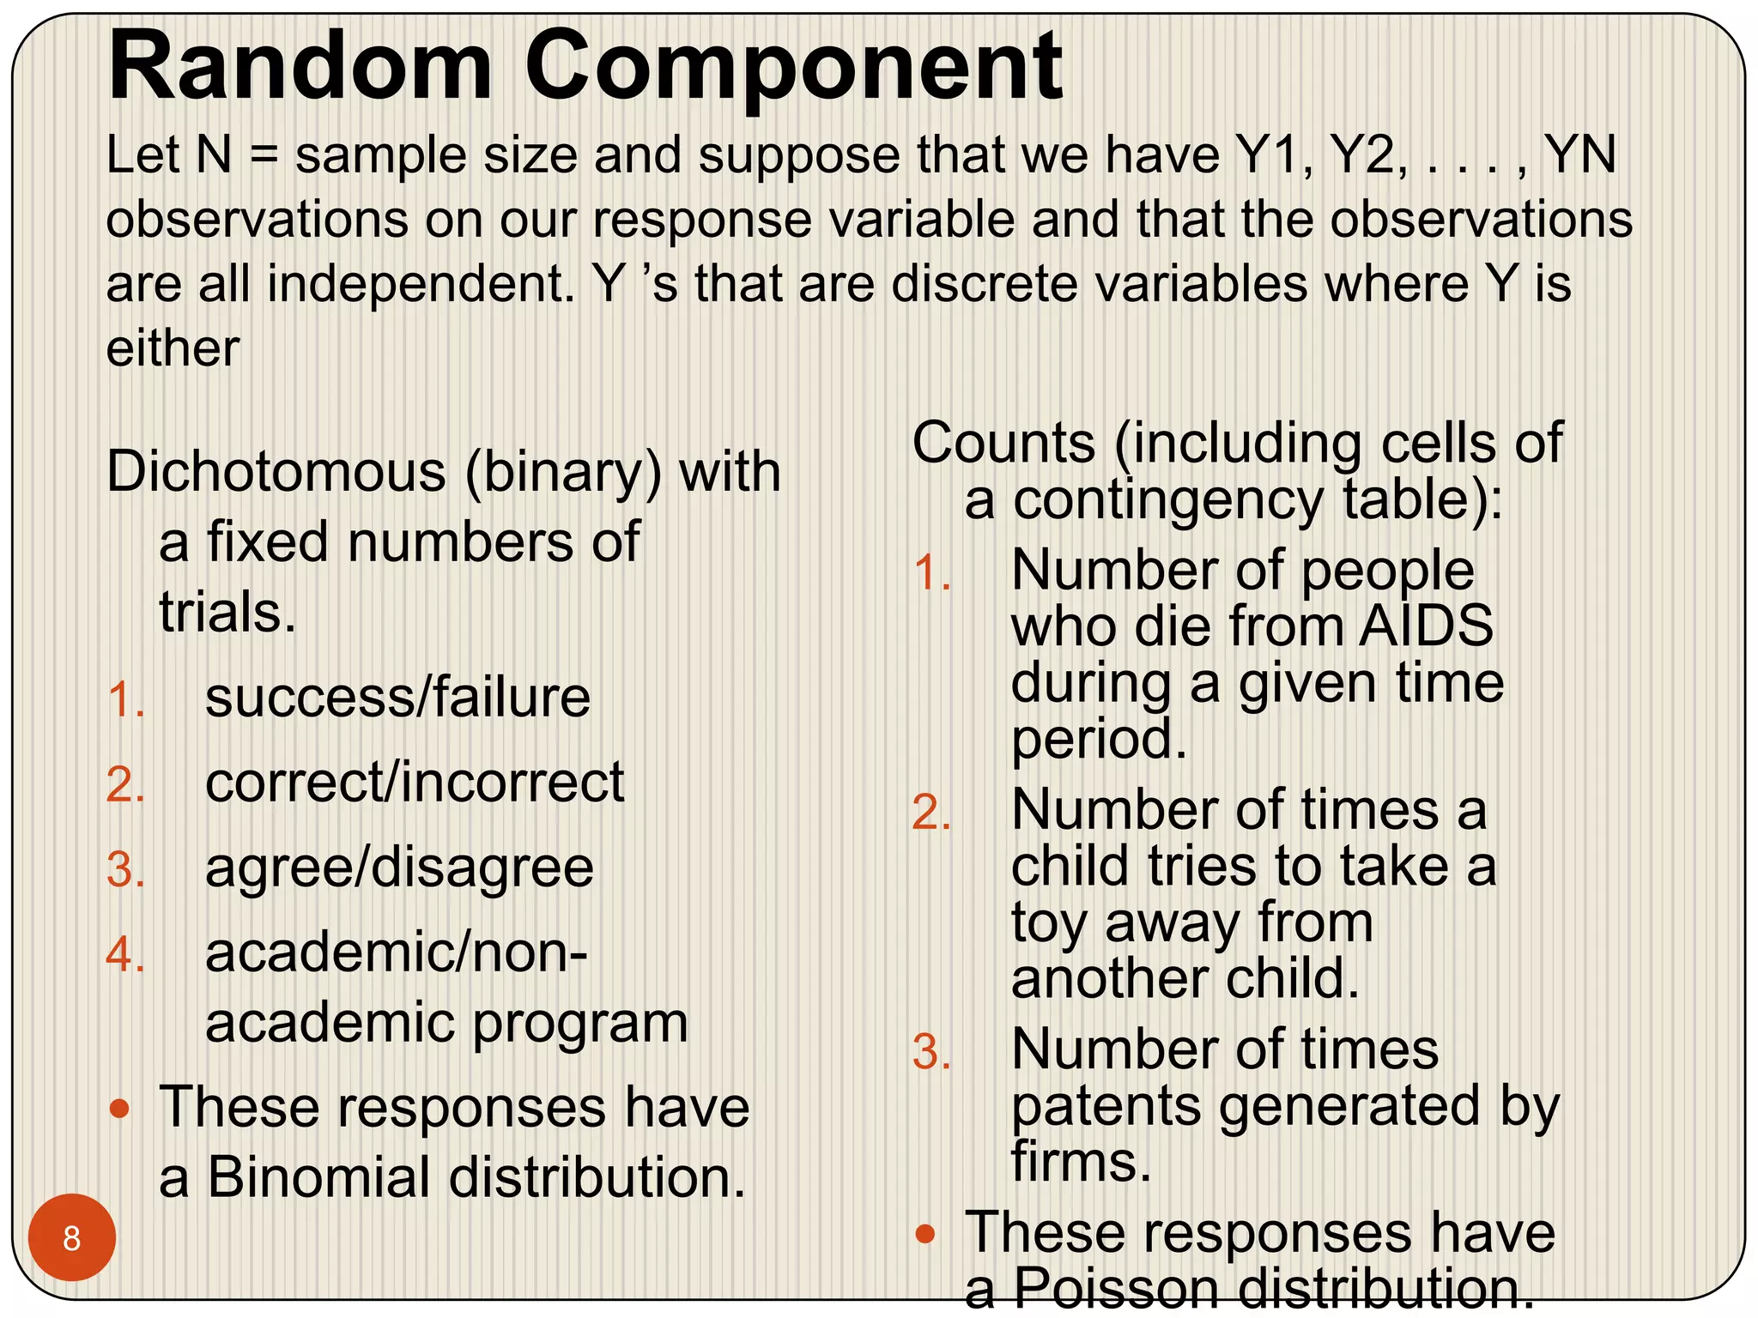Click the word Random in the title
pyautogui.click(x=300, y=66)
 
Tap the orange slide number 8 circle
pyautogui.click(x=72, y=1237)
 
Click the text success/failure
pyautogui.click(x=397, y=697)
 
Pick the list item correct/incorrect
pyautogui.click(x=415, y=783)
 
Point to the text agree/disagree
pyautogui.click(x=399, y=868)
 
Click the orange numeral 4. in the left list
pyautogui.click(x=125, y=954)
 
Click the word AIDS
pyautogui.click(x=1426, y=626)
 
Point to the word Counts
pyautogui.click(x=1003, y=444)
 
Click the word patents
pyautogui.click(x=1106, y=1106)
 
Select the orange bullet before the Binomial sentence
pyautogui.click(x=120, y=1109)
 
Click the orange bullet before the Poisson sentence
pyautogui.click(x=924, y=1235)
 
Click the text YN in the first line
pyautogui.click(x=1579, y=155)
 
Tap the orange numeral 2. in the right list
pyautogui.click(x=931, y=812)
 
